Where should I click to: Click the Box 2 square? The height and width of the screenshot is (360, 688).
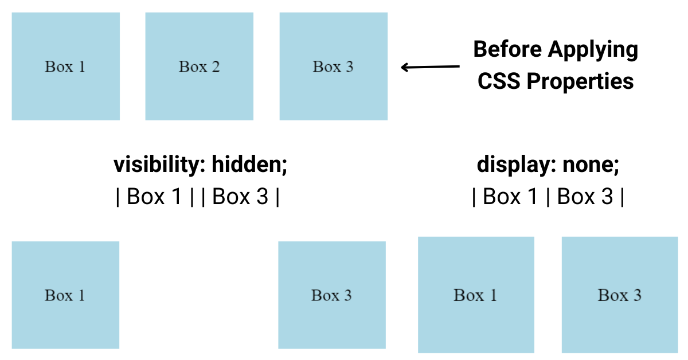click(x=199, y=66)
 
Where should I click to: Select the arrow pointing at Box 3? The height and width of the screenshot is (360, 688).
click(x=430, y=67)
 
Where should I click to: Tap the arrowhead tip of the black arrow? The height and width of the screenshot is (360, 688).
click(x=402, y=67)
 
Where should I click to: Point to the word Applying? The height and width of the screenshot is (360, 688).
click(x=593, y=50)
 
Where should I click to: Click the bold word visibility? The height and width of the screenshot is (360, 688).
click(x=159, y=165)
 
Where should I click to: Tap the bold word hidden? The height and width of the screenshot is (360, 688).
click(x=249, y=165)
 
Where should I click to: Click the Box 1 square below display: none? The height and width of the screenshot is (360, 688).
click(x=476, y=295)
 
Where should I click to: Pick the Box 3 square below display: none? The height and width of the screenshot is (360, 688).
click(x=620, y=295)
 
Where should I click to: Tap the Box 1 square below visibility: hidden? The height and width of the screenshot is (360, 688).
click(x=65, y=295)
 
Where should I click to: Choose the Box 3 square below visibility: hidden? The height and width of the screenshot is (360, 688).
click(x=332, y=295)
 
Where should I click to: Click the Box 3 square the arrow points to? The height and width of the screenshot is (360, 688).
click(x=333, y=66)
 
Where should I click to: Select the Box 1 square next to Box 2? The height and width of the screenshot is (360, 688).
click(x=65, y=66)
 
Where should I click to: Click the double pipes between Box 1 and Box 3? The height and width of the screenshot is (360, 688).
click(x=197, y=197)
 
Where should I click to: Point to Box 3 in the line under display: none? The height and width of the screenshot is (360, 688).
click(x=584, y=197)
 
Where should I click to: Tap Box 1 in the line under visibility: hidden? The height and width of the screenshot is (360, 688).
click(x=154, y=197)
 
